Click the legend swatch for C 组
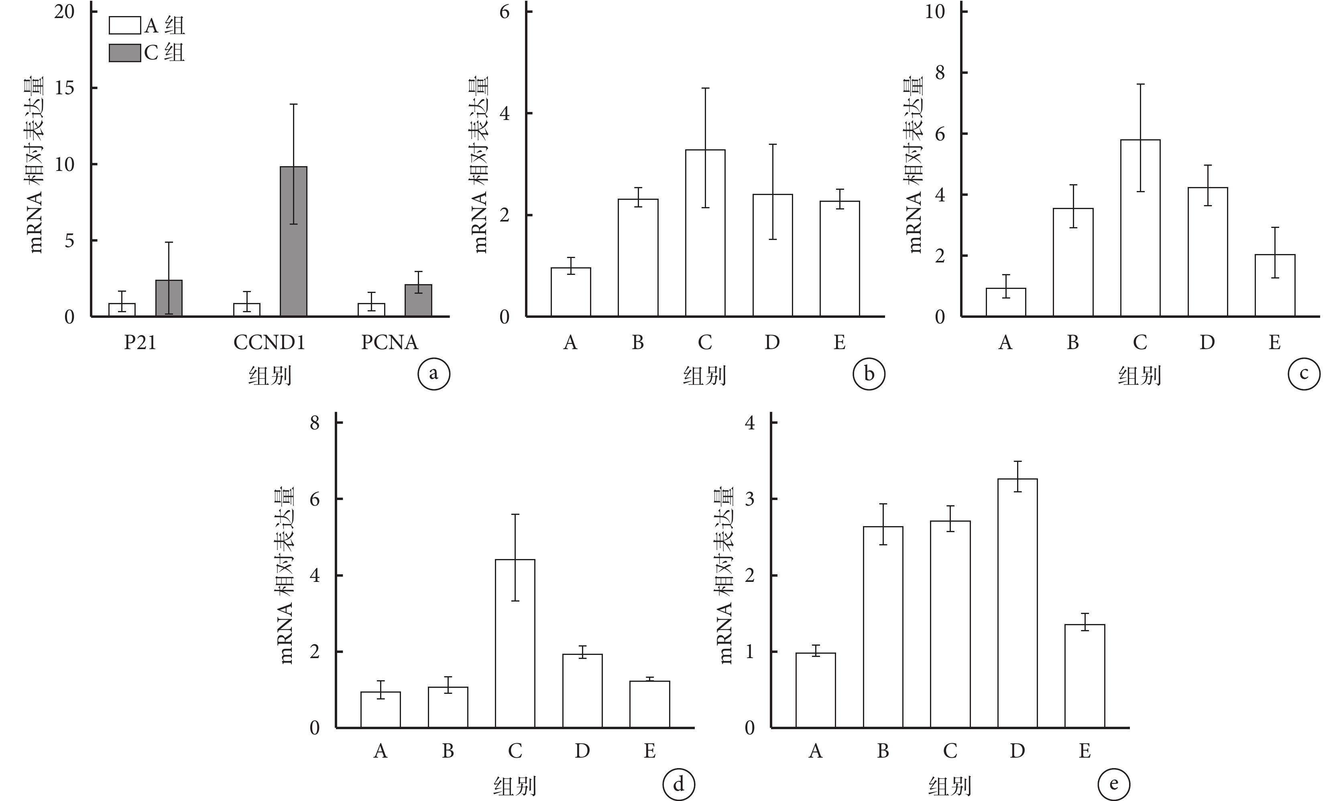pos(125,53)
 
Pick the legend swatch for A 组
pos(125,25)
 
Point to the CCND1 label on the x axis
pos(269,343)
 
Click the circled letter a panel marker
pos(433,374)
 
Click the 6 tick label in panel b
pos(504,12)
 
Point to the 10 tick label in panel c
pos(935,12)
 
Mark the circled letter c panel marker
pos(1304,374)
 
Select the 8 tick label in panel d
pos(315,423)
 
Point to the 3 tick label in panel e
pos(749,499)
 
